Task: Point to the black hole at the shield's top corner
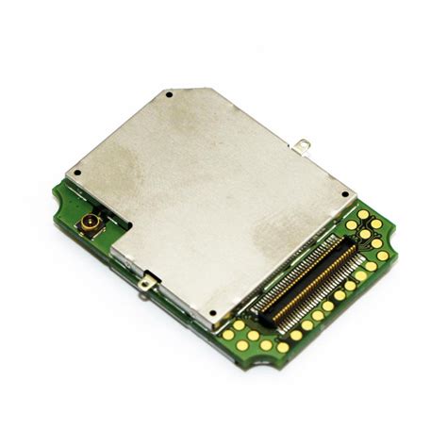[168, 95]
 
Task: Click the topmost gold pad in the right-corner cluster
[363, 214]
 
